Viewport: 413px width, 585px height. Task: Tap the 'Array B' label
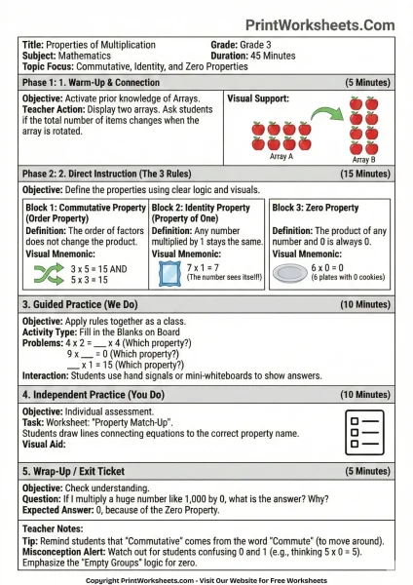[361, 161]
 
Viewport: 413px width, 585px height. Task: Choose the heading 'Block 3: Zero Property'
[315, 208]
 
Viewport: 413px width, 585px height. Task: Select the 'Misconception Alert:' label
[65, 549]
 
